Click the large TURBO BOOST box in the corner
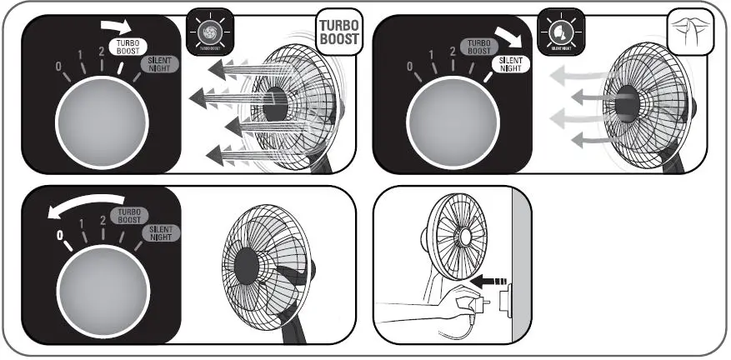click(338, 32)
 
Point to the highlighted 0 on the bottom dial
click(59, 235)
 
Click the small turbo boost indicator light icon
click(208, 31)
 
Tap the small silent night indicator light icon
click(560, 31)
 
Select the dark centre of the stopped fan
click(248, 266)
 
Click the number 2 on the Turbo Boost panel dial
click(101, 51)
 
